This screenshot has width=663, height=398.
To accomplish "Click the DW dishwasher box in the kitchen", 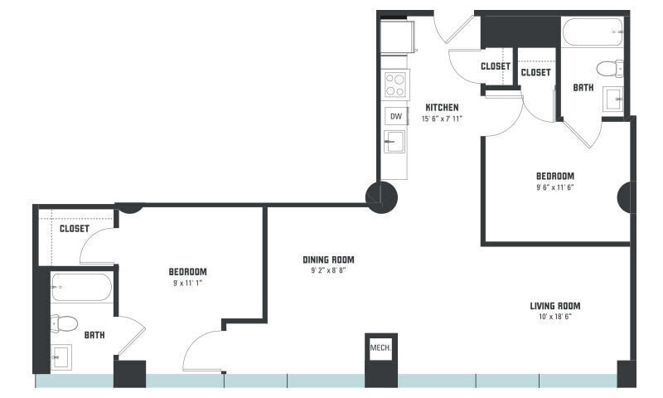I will [395, 116].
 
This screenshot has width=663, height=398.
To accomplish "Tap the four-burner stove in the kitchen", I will [395, 85].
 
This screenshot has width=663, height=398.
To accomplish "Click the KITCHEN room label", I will [442, 108].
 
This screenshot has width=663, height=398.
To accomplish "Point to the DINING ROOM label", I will [328, 260].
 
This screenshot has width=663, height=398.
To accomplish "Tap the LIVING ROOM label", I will [555, 306].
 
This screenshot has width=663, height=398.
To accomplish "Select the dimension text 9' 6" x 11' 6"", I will [554, 187].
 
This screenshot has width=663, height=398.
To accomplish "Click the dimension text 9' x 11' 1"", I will [188, 283].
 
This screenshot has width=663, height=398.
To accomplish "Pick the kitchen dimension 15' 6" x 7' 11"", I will [442, 119].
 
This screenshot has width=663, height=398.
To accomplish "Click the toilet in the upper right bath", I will [611, 68].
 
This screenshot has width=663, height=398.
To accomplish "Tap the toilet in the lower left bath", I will [65, 323].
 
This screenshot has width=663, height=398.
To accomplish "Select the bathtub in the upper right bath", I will [592, 34].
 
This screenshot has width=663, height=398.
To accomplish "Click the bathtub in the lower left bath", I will [81, 288].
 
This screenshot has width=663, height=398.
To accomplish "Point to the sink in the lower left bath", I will [60, 358].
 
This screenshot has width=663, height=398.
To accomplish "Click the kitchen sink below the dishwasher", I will [394, 142].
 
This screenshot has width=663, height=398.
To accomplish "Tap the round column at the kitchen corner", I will [381, 197].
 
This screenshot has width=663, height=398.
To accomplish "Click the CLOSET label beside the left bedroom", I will [74, 229].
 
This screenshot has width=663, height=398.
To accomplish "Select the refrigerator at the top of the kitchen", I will [398, 37].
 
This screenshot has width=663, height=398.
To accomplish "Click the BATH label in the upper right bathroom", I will [583, 87].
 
